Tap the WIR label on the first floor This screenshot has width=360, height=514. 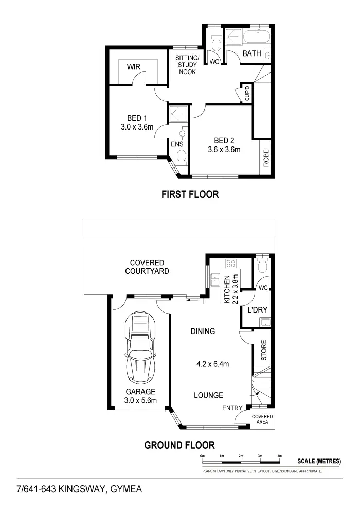click(x=134, y=67)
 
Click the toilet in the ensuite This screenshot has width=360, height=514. click(x=181, y=160)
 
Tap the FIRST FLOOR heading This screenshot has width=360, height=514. click(x=190, y=194)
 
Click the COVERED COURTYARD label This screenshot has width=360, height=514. click(x=147, y=266)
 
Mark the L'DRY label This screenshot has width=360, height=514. click(x=256, y=310)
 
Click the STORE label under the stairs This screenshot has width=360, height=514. click(x=263, y=351)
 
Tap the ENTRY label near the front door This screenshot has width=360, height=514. click(x=232, y=408)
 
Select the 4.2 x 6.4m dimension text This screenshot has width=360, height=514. click(x=212, y=364)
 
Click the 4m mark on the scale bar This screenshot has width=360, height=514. click(x=280, y=456)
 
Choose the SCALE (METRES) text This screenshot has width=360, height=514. click(x=319, y=461)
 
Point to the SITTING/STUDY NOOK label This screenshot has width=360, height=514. click(x=186, y=64)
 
